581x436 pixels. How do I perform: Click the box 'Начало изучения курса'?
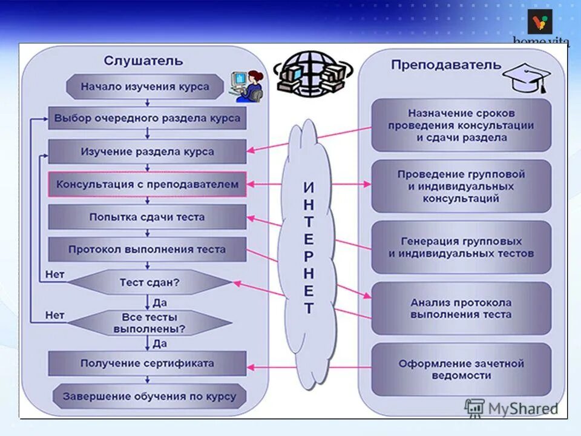(x=145, y=87)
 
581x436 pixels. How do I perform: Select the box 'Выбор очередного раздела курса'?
(x=147, y=118)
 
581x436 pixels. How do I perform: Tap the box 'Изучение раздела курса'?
(x=147, y=151)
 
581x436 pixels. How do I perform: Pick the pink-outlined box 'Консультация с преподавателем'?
(x=147, y=184)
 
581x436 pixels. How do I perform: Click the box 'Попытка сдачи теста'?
(x=147, y=217)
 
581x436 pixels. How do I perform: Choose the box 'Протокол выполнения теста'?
(x=147, y=249)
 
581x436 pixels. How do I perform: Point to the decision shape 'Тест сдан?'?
(x=149, y=282)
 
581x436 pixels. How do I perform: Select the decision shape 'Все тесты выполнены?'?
(x=149, y=323)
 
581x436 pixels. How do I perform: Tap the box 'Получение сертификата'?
(x=147, y=363)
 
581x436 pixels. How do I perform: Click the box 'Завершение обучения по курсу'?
(x=149, y=397)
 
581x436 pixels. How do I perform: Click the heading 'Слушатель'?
(x=143, y=61)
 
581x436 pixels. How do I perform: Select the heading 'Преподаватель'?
(x=446, y=65)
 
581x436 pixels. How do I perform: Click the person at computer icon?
(x=248, y=86)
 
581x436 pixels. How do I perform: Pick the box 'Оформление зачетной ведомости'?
(x=461, y=369)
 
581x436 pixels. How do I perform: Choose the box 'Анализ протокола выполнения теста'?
(x=461, y=308)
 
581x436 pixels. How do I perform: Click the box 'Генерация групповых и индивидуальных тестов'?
(x=461, y=247)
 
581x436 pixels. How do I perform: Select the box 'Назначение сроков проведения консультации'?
(x=461, y=125)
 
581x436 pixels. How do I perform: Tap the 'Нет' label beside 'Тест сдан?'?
(x=55, y=275)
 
